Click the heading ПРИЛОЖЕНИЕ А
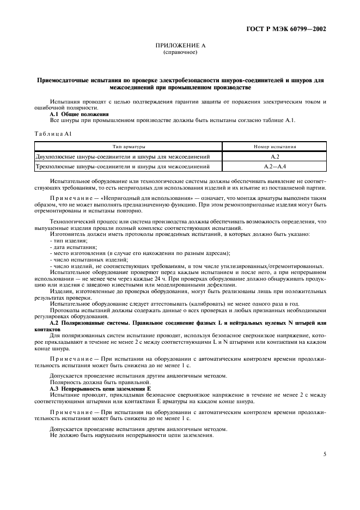tap(180, 46)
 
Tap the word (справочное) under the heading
tap(180, 53)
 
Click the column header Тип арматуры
tap(121, 147)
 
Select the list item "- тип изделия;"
tap(65, 240)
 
